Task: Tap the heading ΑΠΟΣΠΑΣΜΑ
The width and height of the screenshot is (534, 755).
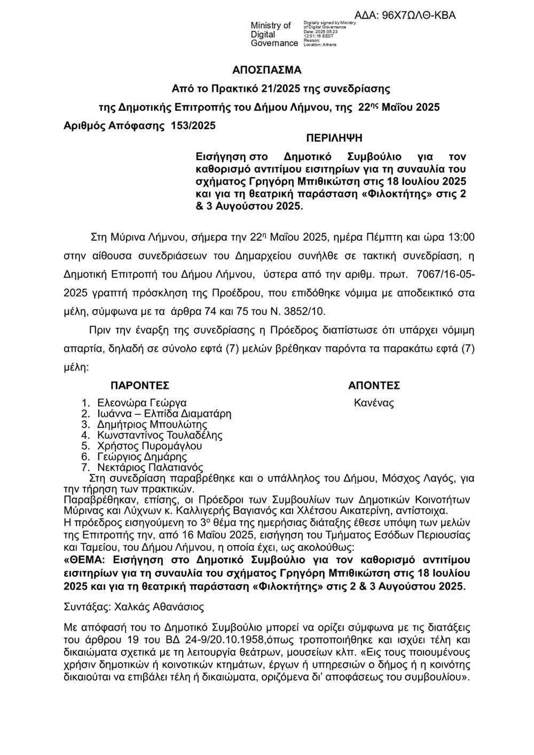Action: tap(267, 70)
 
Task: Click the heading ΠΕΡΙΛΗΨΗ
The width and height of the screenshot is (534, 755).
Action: tap(334, 138)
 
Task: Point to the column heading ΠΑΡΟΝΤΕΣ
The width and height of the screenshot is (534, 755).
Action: tap(140, 386)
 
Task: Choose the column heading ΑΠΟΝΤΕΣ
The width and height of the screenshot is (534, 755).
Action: tap(374, 386)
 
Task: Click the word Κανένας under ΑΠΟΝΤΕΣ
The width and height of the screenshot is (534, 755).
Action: tap(374, 403)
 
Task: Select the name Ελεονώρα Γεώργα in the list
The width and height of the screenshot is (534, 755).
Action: tap(142, 403)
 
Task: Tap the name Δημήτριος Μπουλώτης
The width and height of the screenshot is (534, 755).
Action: tap(152, 424)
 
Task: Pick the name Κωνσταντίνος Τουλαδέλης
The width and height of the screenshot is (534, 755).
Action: tap(160, 435)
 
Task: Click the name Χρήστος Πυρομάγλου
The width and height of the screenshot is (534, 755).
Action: tap(150, 446)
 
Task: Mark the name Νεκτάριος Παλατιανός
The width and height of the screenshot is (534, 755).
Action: tap(147, 467)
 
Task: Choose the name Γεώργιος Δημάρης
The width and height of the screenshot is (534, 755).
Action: tap(142, 457)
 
